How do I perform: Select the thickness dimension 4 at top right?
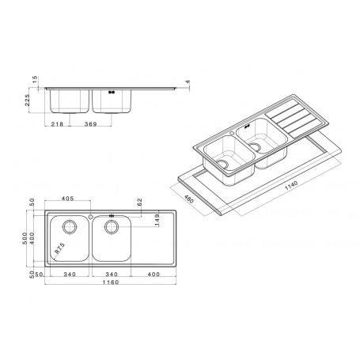(x=188, y=83)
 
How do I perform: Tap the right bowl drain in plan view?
(x=112, y=226)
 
